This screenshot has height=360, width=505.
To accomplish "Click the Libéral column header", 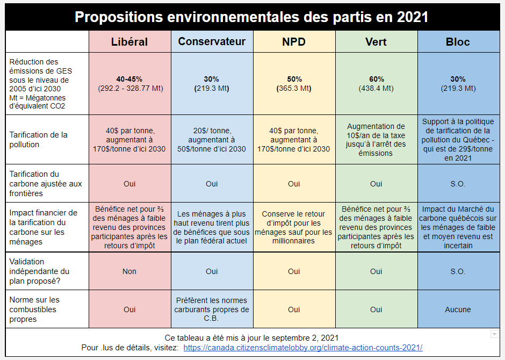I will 129,42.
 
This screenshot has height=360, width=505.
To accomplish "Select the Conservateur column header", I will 212,42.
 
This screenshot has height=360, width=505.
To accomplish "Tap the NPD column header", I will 294,42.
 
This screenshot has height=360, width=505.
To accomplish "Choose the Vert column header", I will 376,42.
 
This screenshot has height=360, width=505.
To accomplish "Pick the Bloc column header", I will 458,42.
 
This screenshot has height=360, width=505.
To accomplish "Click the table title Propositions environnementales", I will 251,17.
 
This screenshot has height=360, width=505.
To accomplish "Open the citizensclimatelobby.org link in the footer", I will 302,348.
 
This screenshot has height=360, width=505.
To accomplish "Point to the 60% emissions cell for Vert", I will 376,83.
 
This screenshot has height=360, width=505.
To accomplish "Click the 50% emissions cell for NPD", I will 294,83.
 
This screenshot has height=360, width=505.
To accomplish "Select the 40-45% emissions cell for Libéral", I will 129,83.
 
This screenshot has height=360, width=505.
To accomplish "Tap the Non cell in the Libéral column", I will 129,271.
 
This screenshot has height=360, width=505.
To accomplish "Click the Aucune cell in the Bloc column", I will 458,309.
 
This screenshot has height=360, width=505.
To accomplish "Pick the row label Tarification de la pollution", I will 39,140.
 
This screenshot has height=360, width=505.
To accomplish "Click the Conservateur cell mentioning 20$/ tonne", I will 212,140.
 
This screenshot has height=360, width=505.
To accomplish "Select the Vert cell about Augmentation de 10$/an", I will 376,140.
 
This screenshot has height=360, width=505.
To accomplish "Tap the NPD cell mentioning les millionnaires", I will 294,227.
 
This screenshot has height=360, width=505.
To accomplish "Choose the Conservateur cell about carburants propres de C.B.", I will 212,309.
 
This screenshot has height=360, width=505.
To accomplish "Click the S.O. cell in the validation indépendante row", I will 458,271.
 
